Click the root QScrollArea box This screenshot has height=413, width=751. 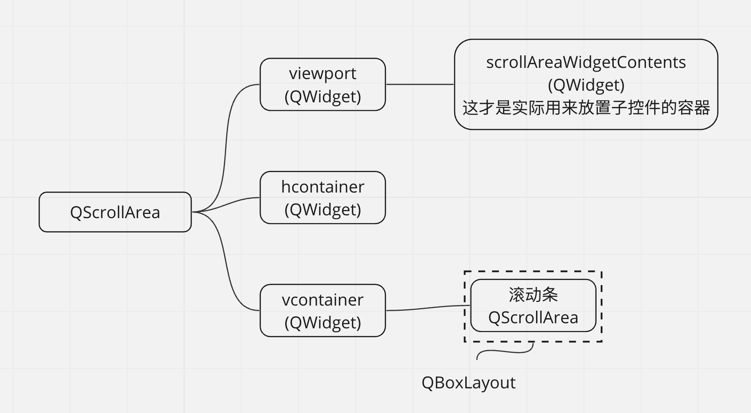pos(115,212)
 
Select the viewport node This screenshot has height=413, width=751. pos(322,84)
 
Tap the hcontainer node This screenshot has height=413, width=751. pos(322,198)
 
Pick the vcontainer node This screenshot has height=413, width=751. pos(322,311)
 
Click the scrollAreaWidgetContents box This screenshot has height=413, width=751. pos(586,84)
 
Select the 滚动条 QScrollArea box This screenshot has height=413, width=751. pos(533,306)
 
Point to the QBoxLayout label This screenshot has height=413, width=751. pos(468,383)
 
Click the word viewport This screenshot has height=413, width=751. pos(322,73)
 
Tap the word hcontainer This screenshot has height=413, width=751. pos(322,187)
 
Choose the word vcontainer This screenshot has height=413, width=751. pos(322,300)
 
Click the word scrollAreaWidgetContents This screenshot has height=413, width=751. pos(586,62)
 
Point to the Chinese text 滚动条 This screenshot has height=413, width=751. pos(533,294)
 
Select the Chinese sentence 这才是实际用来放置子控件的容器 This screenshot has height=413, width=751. pos(586,107)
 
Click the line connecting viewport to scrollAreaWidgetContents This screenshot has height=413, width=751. pos(420,84)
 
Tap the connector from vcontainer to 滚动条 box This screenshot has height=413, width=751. pos(428,308)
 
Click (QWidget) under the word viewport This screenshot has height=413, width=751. pos(322,96)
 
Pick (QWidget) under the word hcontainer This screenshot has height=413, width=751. pos(322,209)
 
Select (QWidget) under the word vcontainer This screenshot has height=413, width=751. pos(322,322)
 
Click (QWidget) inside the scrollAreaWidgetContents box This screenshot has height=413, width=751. pos(586,85)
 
